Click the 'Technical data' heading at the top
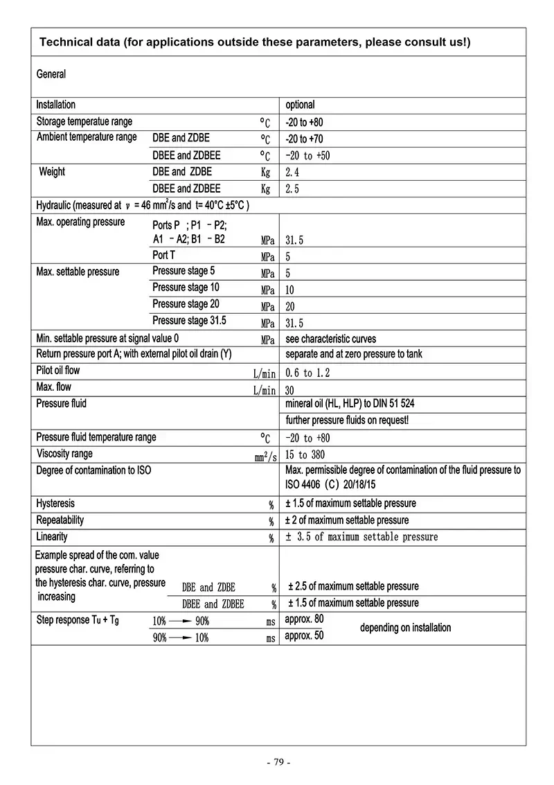[254, 42]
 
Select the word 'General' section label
[51, 74]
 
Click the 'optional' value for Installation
[300, 105]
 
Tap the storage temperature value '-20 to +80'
[304, 122]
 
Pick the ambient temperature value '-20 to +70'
[304, 139]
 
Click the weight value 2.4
[292, 172]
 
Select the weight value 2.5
[292, 188]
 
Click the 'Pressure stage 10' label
[186, 288]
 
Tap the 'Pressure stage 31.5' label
[189, 321]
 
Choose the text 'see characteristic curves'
[331, 339]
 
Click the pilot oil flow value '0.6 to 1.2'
[307, 373]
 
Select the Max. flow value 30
[289, 390]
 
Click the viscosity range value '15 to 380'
[305, 455]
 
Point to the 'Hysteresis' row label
[55, 504]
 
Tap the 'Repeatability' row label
[60, 520]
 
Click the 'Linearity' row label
[52, 537]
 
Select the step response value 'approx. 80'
[304, 619]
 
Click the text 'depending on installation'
[405, 628]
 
